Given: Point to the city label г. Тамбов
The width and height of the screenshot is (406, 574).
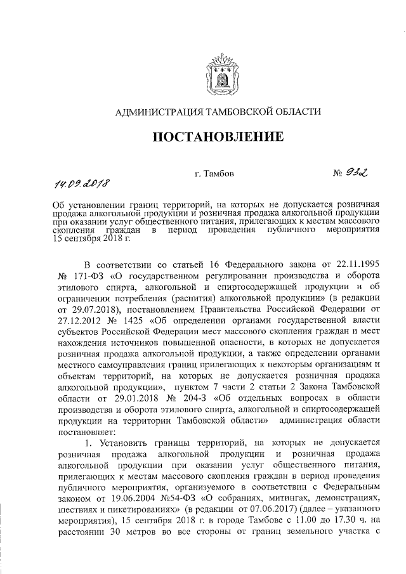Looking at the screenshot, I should tap(214, 172).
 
